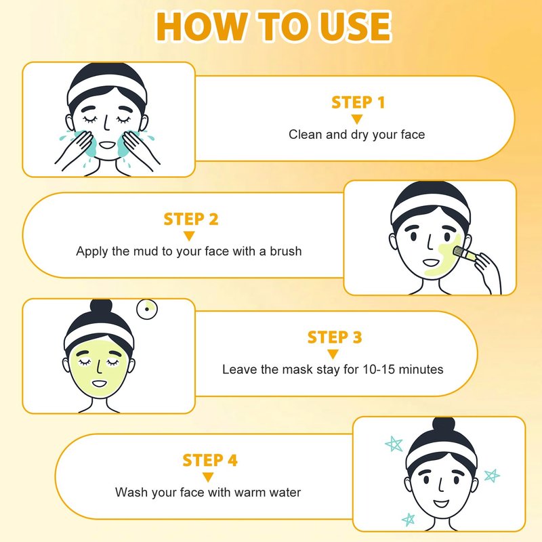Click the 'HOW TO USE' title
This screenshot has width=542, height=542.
[274, 26]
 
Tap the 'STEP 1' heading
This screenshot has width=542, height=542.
[358, 102]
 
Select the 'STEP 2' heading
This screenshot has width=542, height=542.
[191, 219]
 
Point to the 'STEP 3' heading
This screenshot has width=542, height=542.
[334, 337]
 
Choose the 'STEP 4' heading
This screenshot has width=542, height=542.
[210, 460]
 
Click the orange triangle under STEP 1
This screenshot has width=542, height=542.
[357, 119]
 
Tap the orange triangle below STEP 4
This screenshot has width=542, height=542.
[208, 478]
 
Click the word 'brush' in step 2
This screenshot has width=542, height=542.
[285, 251]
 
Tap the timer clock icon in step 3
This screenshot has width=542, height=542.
[147, 309]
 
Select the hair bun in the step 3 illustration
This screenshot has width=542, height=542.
[101, 307]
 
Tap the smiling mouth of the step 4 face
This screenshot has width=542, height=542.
[441, 503]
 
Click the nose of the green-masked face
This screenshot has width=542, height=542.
[100, 367]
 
